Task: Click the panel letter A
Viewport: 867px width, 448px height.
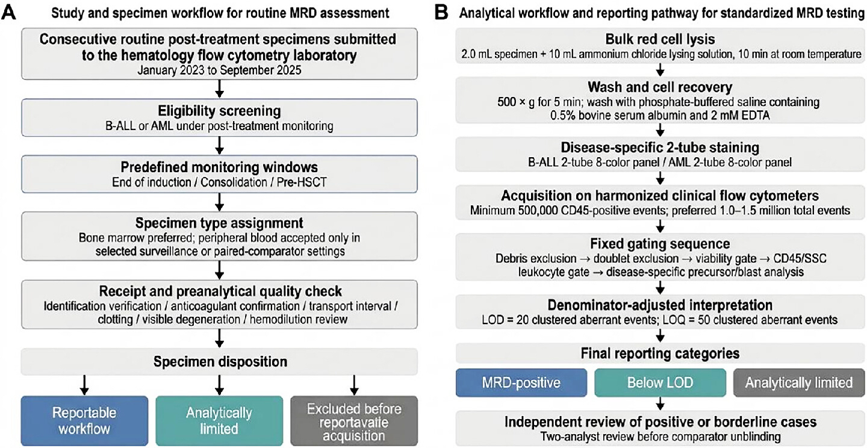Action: point(8,13)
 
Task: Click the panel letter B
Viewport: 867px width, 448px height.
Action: point(441,13)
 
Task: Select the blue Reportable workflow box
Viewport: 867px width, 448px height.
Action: point(84,420)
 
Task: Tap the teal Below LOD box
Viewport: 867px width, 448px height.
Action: point(660,382)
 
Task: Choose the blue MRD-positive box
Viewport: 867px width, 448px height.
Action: point(521,382)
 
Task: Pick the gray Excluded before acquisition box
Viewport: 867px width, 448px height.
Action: point(354,420)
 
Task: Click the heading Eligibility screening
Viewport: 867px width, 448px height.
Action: point(219,111)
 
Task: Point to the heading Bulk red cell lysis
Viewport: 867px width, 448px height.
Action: point(660,39)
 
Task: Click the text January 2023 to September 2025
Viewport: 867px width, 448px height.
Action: point(219,70)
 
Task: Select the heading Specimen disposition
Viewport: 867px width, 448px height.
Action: point(220,361)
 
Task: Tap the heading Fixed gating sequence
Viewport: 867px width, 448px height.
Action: point(660,243)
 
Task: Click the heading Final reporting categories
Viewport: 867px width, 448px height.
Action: point(660,353)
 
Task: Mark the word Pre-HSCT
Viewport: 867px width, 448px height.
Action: point(302,182)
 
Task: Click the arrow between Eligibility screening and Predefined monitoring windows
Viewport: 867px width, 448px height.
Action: point(219,146)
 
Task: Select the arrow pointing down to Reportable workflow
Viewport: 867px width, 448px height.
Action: point(84,385)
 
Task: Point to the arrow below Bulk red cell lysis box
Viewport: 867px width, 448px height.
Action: point(660,70)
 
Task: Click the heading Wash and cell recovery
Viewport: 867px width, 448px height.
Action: point(660,87)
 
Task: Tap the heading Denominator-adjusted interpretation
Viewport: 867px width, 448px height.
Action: point(660,305)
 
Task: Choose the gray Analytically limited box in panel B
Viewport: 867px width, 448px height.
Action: point(799,382)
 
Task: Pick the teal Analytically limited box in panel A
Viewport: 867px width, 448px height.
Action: point(219,420)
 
